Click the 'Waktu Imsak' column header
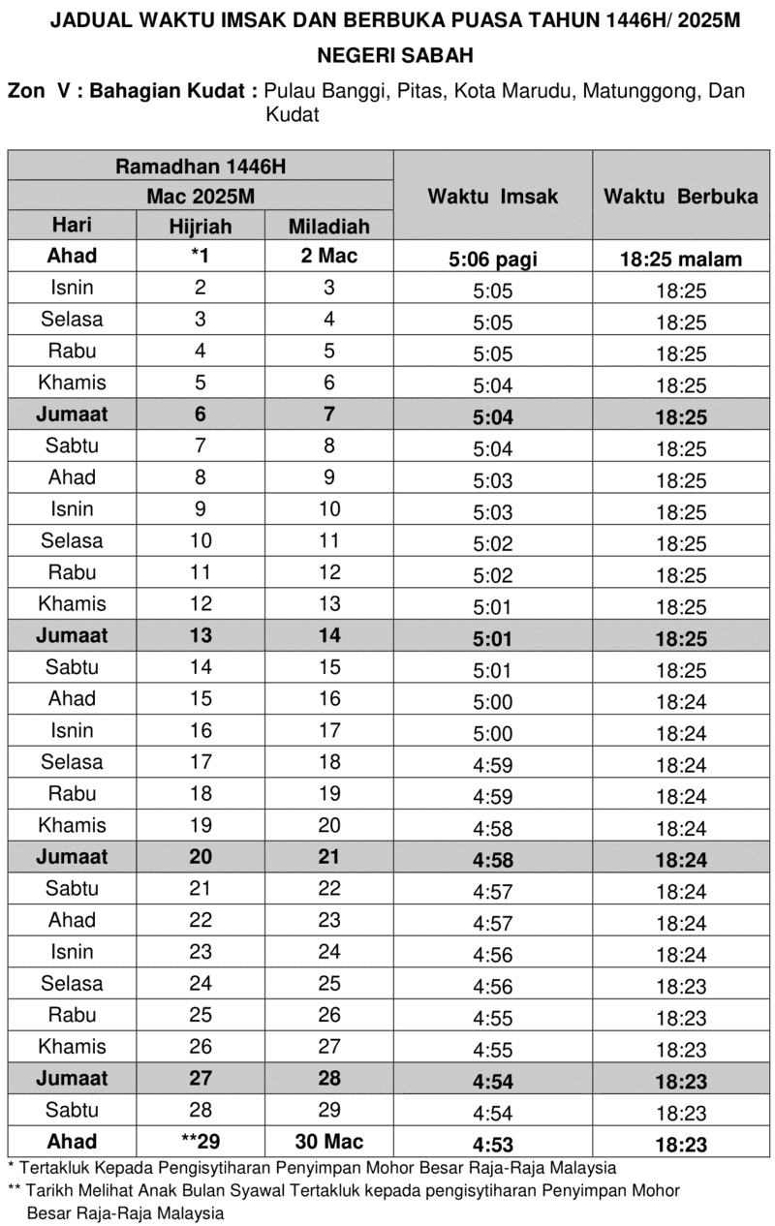point(493,196)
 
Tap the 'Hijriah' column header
point(201,227)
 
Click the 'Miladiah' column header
point(329,227)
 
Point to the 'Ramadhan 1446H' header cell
point(201,166)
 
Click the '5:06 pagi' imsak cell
point(493,260)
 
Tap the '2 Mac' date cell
point(329,257)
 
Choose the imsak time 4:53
point(493,1144)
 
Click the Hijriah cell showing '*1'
point(201,257)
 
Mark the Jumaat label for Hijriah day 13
point(73,636)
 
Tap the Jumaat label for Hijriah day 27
point(73,1078)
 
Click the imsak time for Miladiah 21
point(493,859)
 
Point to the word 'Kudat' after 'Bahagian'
point(229,92)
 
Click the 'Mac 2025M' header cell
point(201,196)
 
